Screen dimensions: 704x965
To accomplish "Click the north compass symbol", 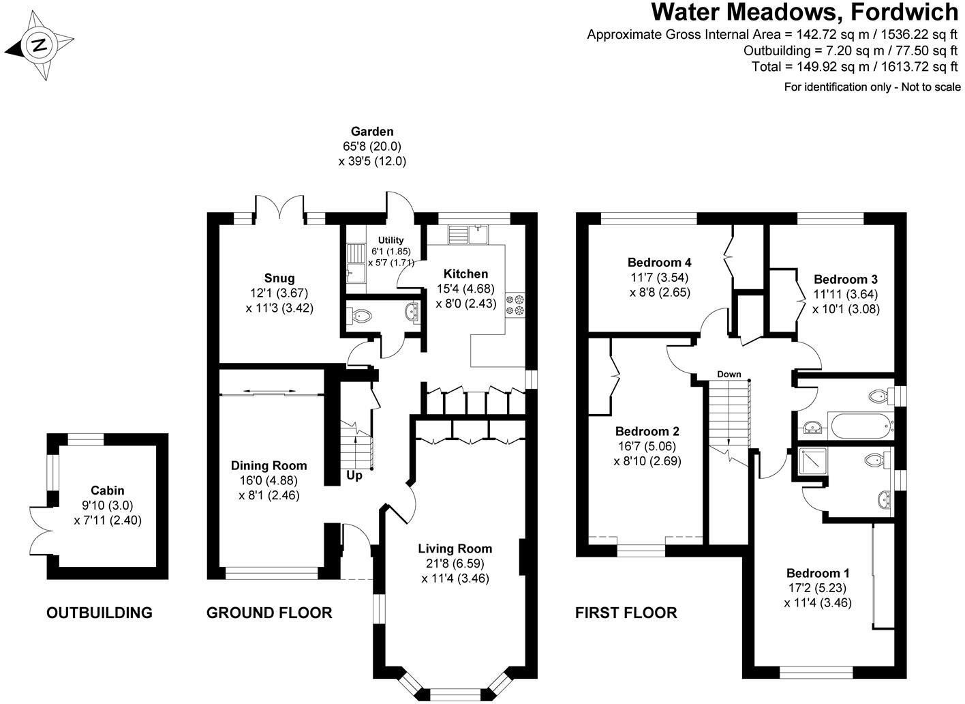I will pyautogui.click(x=39, y=46).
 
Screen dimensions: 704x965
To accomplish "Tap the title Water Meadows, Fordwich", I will pyautogui.click(x=805, y=12).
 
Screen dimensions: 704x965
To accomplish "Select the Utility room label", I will pyautogui.click(x=390, y=240).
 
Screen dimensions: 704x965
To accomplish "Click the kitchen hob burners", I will pyautogui.click(x=514, y=304).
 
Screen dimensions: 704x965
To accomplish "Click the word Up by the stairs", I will pyautogui.click(x=354, y=475).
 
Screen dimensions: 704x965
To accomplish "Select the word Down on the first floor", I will pyautogui.click(x=729, y=375).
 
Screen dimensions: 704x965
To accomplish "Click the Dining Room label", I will pyautogui.click(x=269, y=466).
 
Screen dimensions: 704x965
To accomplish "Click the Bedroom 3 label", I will pyautogui.click(x=845, y=279).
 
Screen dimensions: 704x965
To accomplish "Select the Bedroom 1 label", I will pyautogui.click(x=818, y=572).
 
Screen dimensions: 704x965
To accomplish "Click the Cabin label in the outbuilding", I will pyautogui.click(x=108, y=490).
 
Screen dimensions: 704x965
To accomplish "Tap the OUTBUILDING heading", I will pyautogui.click(x=99, y=613).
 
